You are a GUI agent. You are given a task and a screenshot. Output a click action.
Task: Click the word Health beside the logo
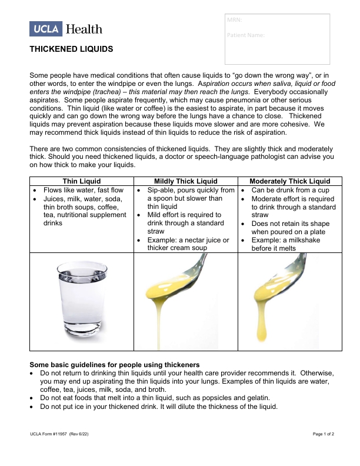(84, 29)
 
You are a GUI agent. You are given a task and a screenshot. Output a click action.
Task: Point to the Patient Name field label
(245, 35)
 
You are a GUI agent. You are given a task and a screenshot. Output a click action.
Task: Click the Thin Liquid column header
(82, 181)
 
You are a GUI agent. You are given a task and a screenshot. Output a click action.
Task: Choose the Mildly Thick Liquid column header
(185, 181)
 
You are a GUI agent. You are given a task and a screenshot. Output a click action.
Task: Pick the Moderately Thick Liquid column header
(289, 181)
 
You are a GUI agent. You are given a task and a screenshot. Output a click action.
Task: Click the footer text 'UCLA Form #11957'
(49, 433)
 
